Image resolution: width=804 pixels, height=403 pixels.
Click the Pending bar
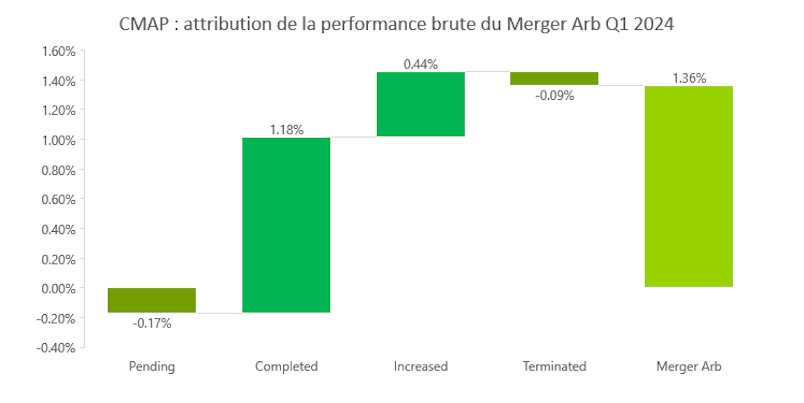coord(152,300)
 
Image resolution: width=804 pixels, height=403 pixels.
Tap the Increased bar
coord(420,104)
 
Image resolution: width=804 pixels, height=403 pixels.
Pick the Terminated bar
coord(554,78)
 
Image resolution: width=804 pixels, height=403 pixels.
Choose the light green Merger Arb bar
coord(688,186)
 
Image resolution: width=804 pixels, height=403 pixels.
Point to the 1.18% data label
coord(286,130)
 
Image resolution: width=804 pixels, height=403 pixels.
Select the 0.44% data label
coord(420,64)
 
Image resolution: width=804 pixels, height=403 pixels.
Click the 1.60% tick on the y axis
coord(59,51)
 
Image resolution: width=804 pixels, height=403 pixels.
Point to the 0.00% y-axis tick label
coord(59,289)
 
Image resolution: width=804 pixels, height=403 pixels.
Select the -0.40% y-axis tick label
coord(56,348)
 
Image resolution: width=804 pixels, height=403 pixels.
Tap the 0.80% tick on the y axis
coord(59,171)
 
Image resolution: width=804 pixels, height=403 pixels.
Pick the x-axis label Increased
coord(421,366)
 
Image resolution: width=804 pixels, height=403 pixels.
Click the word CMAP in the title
coord(144,24)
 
